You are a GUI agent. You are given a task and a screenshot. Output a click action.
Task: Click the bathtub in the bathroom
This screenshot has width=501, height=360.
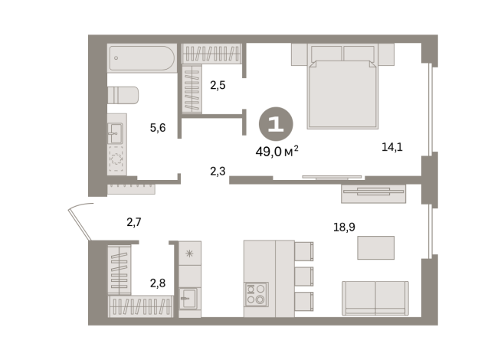142,58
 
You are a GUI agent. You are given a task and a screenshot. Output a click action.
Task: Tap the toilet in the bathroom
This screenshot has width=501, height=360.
123,95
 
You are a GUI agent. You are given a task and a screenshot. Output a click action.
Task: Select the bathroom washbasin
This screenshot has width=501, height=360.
115,133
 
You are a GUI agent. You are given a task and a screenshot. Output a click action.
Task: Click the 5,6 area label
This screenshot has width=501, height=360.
158,128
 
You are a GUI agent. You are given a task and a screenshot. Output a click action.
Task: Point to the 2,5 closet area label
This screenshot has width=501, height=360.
218,85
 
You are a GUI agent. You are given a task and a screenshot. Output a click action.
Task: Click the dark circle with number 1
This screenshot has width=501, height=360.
276,124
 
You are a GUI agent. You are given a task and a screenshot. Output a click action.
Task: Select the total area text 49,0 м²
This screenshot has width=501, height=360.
277,152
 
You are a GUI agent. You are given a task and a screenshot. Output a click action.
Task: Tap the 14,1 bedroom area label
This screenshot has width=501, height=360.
392,147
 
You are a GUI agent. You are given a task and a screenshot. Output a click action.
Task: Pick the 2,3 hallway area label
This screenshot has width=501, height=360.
218,172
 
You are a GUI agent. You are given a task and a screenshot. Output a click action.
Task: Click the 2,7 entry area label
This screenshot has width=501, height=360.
134,221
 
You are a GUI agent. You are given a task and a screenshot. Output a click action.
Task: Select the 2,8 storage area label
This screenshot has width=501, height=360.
158,283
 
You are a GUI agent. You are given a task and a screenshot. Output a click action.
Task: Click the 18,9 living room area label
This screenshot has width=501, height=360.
344,227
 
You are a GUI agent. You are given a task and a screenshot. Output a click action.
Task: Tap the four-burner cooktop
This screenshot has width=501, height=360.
257,294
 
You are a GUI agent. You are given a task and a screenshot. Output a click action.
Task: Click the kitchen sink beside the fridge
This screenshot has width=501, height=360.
189,299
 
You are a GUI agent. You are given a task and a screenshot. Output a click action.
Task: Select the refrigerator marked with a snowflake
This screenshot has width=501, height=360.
190,253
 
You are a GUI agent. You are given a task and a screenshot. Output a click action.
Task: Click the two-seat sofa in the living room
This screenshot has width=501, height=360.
375,298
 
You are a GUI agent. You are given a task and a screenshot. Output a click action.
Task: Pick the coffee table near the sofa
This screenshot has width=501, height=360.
375,247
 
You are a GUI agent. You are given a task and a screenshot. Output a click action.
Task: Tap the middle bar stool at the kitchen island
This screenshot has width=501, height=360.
303,277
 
